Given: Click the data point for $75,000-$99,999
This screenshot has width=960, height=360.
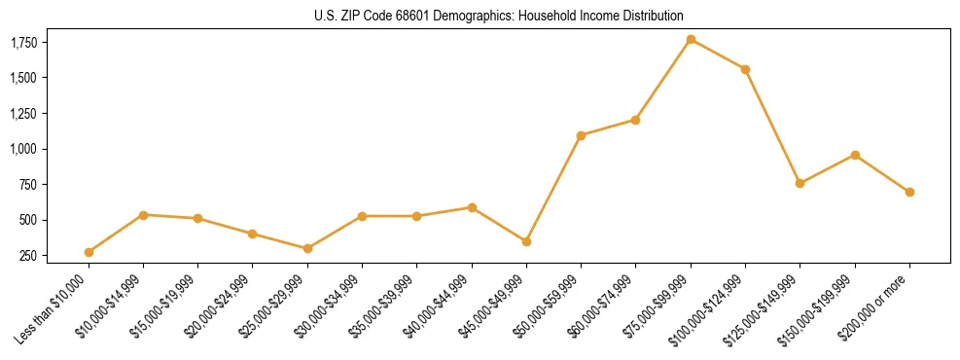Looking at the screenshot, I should [691, 39].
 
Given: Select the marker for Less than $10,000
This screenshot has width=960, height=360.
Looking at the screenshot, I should [89, 252].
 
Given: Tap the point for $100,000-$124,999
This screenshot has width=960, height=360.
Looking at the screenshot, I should [745, 69].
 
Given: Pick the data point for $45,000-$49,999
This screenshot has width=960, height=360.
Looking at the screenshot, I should [526, 241].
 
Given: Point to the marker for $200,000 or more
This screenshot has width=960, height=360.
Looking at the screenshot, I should [909, 192].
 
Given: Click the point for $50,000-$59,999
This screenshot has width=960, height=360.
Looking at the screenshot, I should [581, 135].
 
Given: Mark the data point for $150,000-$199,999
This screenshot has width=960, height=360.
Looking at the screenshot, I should [855, 155].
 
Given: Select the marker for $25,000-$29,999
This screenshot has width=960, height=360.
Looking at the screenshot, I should [307, 248].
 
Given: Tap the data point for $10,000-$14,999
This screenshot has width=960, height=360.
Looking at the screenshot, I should [143, 214].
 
